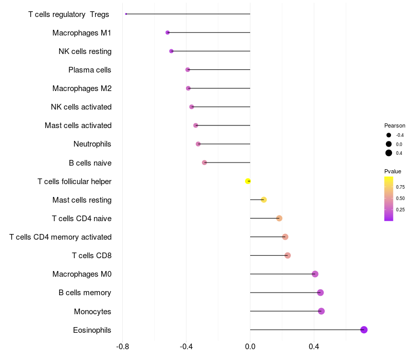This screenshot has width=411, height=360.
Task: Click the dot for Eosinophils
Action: point(364,330)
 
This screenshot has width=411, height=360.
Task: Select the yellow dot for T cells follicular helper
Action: point(248,181)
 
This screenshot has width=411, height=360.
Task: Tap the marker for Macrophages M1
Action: point(167,32)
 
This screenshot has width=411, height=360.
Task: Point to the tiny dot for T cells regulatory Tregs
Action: point(126,14)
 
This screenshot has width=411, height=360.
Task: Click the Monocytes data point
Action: point(321,311)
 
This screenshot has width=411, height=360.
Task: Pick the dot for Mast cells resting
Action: point(264,200)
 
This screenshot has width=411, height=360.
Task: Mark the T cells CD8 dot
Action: point(287,256)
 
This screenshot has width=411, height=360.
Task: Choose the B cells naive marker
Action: point(204,163)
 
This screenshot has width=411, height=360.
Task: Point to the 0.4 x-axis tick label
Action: point(314,347)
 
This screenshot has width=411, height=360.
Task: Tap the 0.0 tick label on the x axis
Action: point(250,347)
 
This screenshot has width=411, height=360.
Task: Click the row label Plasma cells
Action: point(90,70)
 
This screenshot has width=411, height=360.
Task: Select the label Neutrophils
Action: point(92,144)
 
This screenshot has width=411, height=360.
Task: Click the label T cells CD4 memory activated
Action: point(61,237)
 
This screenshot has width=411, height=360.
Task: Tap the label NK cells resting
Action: point(85,51)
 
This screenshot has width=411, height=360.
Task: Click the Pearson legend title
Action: point(395,125)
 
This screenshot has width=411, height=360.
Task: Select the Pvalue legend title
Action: point(393,171)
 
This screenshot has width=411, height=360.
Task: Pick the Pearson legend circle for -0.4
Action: point(389,135)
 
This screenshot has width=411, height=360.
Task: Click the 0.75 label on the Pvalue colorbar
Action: point(400,187)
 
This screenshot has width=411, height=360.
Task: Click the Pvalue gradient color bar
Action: point(389,199)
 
